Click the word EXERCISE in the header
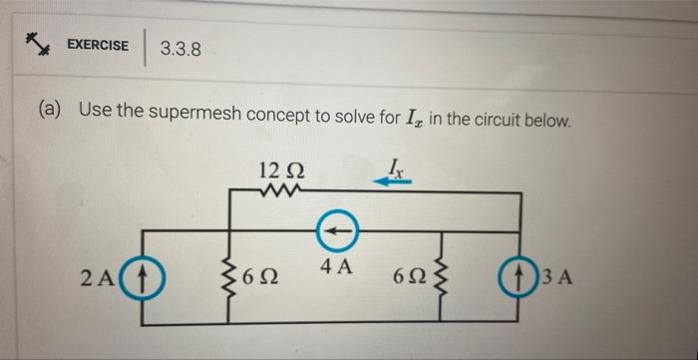98,45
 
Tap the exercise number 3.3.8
180,46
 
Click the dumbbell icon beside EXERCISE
39,43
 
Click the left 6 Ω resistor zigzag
234,275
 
